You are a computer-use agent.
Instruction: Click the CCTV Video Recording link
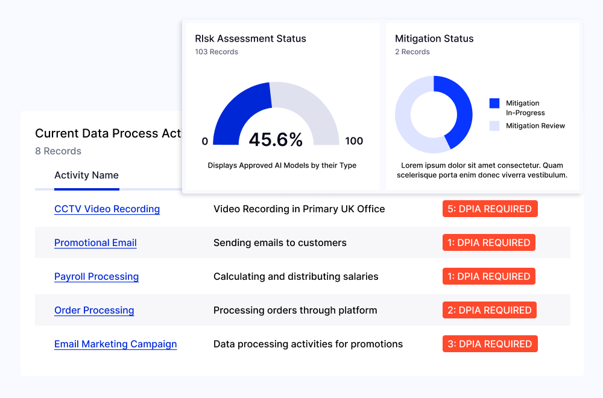107,209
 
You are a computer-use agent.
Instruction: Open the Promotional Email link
95,243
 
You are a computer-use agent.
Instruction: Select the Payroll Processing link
96,277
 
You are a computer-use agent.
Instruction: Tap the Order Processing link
94,311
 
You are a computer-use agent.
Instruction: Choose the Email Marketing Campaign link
115,344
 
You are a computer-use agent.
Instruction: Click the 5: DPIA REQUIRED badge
490,209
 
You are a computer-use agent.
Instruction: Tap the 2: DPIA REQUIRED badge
490,311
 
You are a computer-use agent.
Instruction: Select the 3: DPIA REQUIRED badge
490,344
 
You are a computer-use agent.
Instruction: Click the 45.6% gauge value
276,140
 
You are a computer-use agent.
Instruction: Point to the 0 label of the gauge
205,141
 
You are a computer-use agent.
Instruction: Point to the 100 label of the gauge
354,141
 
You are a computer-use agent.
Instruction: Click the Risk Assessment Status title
250,39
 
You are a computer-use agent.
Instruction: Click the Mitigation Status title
434,39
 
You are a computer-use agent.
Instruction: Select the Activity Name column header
86,175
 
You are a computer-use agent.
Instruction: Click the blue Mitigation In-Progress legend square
494,103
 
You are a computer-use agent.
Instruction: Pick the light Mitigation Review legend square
494,125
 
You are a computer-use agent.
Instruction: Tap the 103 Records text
216,52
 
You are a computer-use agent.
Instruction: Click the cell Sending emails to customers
280,243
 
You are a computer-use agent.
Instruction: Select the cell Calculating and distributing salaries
295,277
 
